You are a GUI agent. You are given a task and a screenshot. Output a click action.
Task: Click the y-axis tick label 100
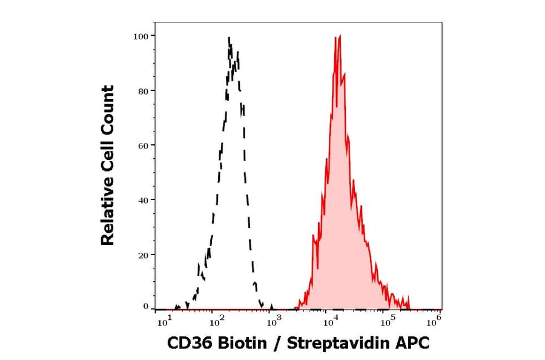140,36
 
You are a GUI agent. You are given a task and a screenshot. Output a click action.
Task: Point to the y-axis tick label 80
143,91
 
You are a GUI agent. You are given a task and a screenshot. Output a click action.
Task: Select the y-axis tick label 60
143,145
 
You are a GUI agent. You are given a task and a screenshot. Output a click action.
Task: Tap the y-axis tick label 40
143,200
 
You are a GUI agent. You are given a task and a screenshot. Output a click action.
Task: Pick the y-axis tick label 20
143,255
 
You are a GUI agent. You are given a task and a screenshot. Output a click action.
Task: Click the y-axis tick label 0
145,307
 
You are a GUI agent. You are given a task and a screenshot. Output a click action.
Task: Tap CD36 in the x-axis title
186,344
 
